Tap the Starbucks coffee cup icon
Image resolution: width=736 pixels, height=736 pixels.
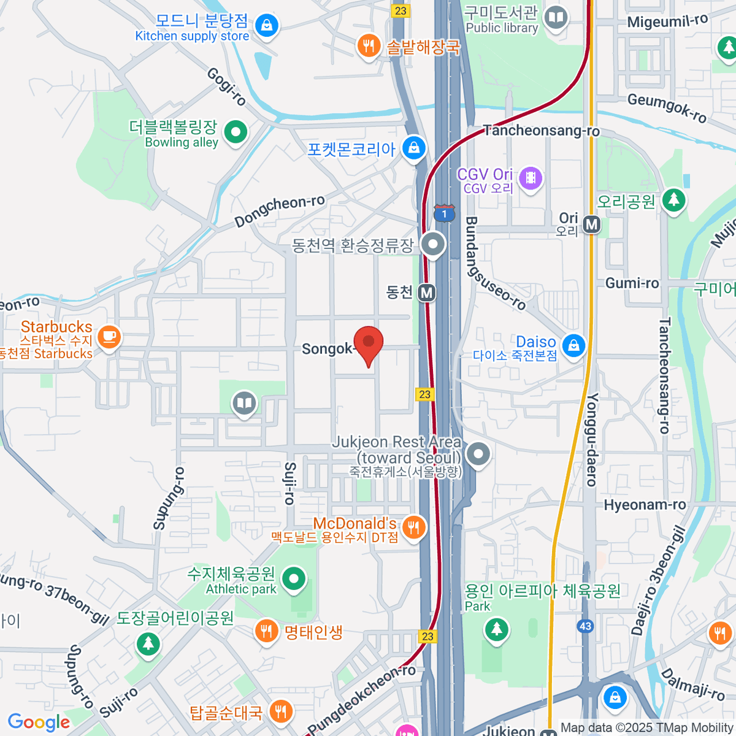tap(109, 337)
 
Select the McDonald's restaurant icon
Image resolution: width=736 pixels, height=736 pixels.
tap(415, 527)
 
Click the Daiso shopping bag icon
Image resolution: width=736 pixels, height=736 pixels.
tap(573, 345)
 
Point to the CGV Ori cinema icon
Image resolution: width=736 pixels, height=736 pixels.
tap(531, 178)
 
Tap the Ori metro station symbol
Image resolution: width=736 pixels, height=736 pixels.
tap(592, 224)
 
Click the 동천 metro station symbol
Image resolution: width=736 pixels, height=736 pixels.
tap(427, 293)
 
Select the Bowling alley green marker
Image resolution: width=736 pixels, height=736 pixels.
tap(236, 131)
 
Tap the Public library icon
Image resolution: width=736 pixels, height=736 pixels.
tap(556, 17)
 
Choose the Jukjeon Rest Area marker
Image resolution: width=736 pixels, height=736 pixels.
tap(478, 454)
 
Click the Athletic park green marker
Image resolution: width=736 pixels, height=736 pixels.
tap(294, 578)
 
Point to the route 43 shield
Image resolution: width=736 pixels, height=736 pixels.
tap(585, 626)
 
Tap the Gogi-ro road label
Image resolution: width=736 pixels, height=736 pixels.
tap(226, 86)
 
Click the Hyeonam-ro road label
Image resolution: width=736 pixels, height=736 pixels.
tap(645, 505)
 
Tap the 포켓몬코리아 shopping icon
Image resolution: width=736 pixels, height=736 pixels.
tap(414, 148)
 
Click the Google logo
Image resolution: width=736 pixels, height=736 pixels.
tap(39, 723)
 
